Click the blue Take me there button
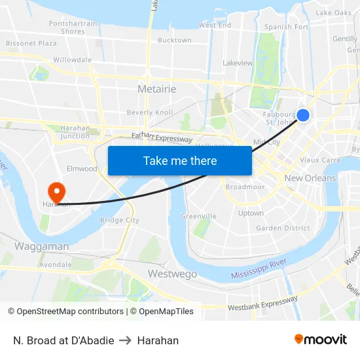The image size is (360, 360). tap(180, 160)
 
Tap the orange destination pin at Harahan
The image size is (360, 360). tap(57, 190)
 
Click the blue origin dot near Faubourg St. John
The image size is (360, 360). tap(303, 115)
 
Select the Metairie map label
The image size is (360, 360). tap(156, 89)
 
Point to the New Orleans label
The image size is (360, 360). tap(310, 178)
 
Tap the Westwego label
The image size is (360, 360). tap(172, 274)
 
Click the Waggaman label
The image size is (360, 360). tap(41, 247)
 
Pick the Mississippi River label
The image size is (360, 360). tap(259, 269)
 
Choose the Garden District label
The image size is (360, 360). tap(283, 228)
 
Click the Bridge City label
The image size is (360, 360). tap(119, 221)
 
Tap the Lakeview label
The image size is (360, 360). tap(238, 63)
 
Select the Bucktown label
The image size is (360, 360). tap(175, 40)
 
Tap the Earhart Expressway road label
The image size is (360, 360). tap(162, 137)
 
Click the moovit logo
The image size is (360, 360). tap(321, 339)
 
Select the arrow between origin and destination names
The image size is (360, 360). tap(125, 340)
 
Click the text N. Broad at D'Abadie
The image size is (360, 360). tap(63, 340)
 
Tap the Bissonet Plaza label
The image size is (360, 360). tap(31, 43)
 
